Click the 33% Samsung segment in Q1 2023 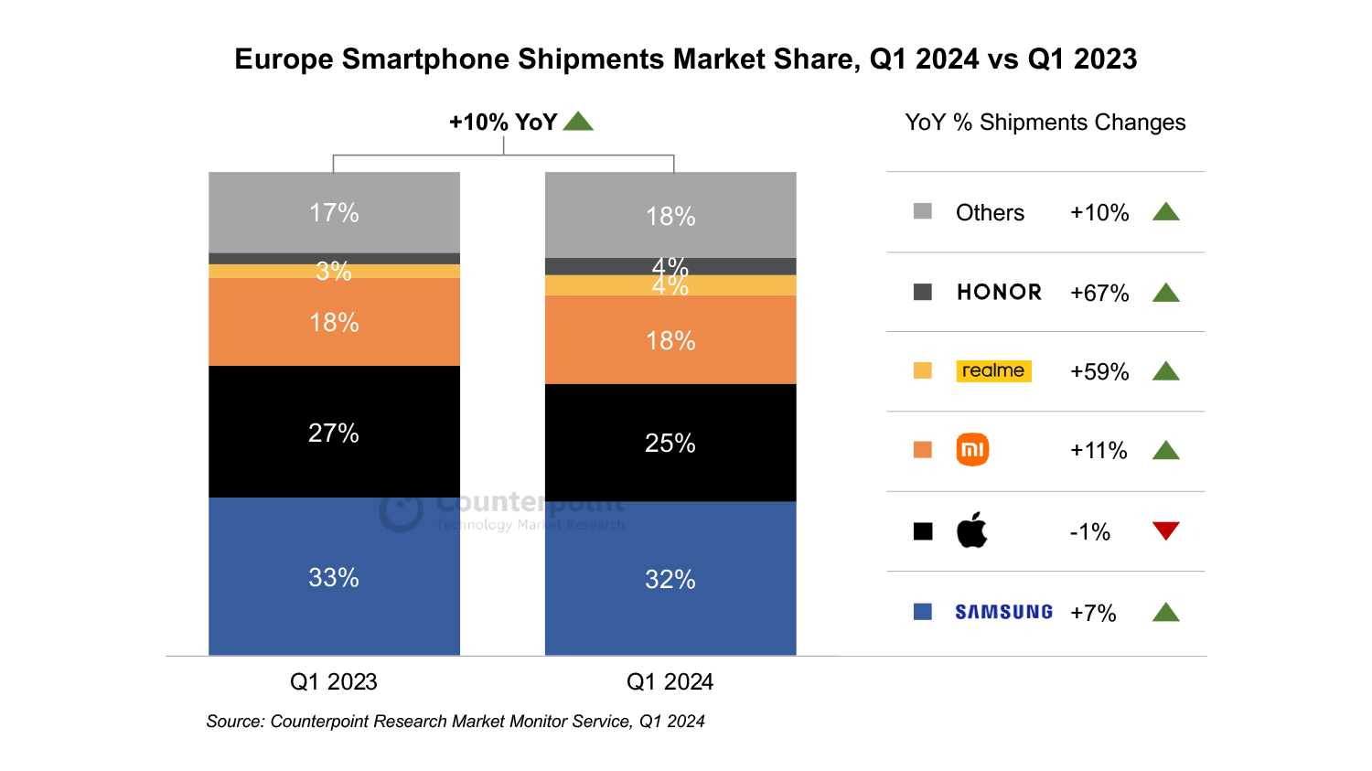pyautogui.click(x=334, y=576)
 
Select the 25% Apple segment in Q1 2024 pyautogui.click(x=670, y=443)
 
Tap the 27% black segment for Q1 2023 pyautogui.click(x=334, y=432)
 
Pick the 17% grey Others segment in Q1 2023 pyautogui.click(x=334, y=212)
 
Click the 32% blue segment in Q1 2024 pyautogui.click(x=670, y=578)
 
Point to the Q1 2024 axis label pyautogui.click(x=670, y=681)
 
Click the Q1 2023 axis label pyautogui.click(x=333, y=681)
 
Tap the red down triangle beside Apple pyautogui.click(x=1165, y=530)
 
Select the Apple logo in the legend pyautogui.click(x=971, y=530)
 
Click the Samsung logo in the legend pyautogui.click(x=1003, y=612)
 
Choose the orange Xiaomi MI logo pyautogui.click(x=972, y=450)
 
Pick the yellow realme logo pyautogui.click(x=993, y=370)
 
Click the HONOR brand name pyautogui.click(x=999, y=292)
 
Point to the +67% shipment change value pyautogui.click(x=1099, y=293)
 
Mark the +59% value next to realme pyautogui.click(x=1099, y=371)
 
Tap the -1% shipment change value pyautogui.click(x=1090, y=531)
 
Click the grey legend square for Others pyautogui.click(x=923, y=211)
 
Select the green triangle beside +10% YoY pyautogui.click(x=578, y=121)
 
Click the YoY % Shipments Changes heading pyautogui.click(x=1045, y=123)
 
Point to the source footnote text pyautogui.click(x=456, y=721)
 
